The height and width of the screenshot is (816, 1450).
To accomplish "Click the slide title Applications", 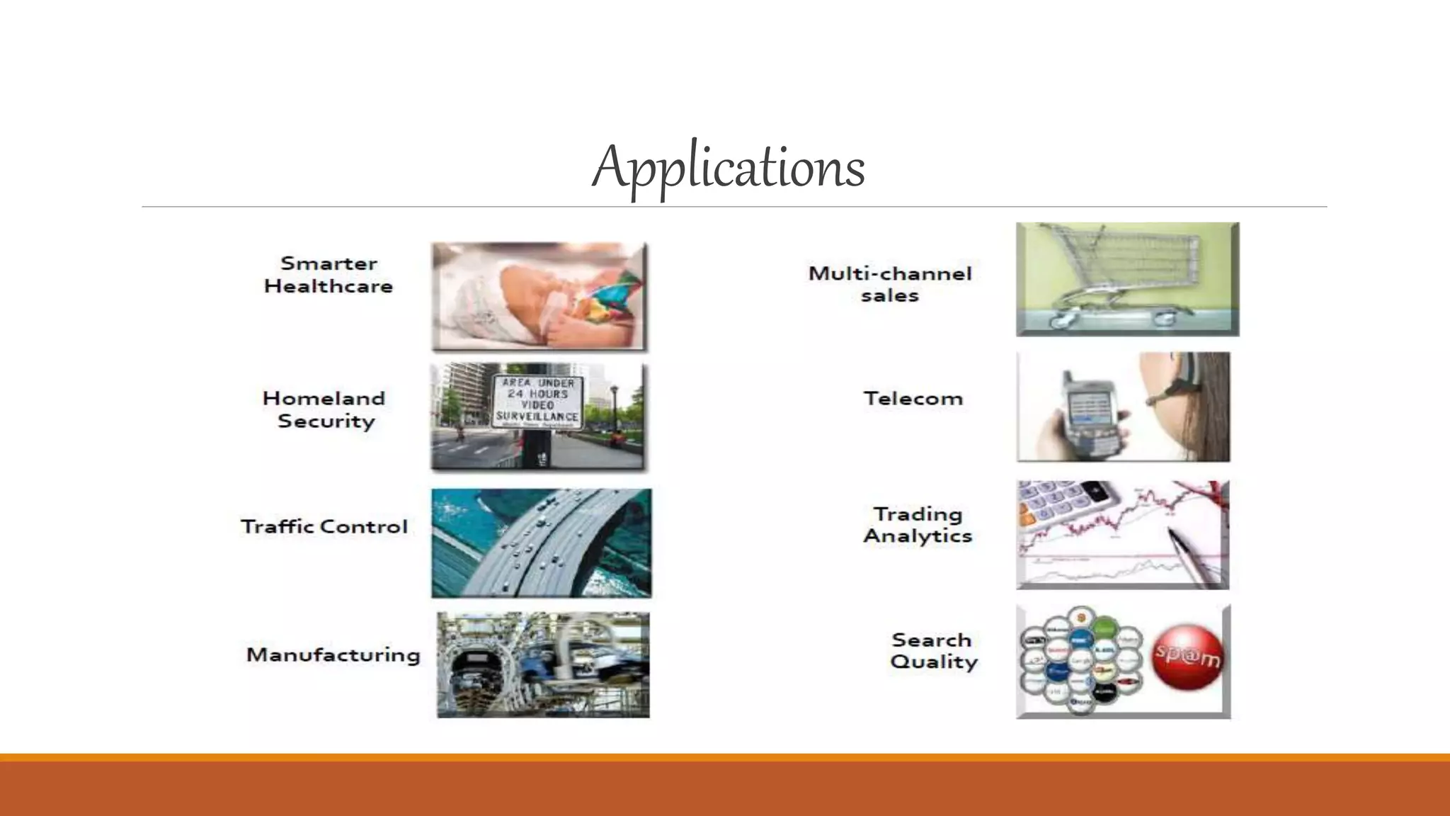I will pyautogui.click(x=729, y=167).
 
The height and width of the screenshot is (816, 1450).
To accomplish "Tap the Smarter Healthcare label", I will pyautogui.click(x=329, y=275).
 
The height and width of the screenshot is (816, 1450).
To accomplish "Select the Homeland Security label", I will pyautogui.click(x=324, y=409).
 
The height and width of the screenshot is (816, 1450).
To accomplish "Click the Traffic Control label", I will pyautogui.click(x=324, y=527).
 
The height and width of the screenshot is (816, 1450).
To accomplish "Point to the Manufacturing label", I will pyautogui.click(x=333, y=654).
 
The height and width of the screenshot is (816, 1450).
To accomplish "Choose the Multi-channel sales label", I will pyautogui.click(x=890, y=284).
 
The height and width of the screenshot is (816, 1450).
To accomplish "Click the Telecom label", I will pyautogui.click(x=913, y=399).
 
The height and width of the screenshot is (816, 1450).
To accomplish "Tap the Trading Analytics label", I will pyautogui.click(x=918, y=525).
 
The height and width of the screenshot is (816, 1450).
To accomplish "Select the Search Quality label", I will pyautogui.click(x=933, y=651).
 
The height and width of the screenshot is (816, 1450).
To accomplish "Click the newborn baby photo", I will pyautogui.click(x=540, y=297).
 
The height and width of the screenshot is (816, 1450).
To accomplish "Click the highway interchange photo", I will pyautogui.click(x=542, y=543).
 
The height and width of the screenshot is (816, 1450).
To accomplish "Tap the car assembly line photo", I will pyautogui.click(x=543, y=665).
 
